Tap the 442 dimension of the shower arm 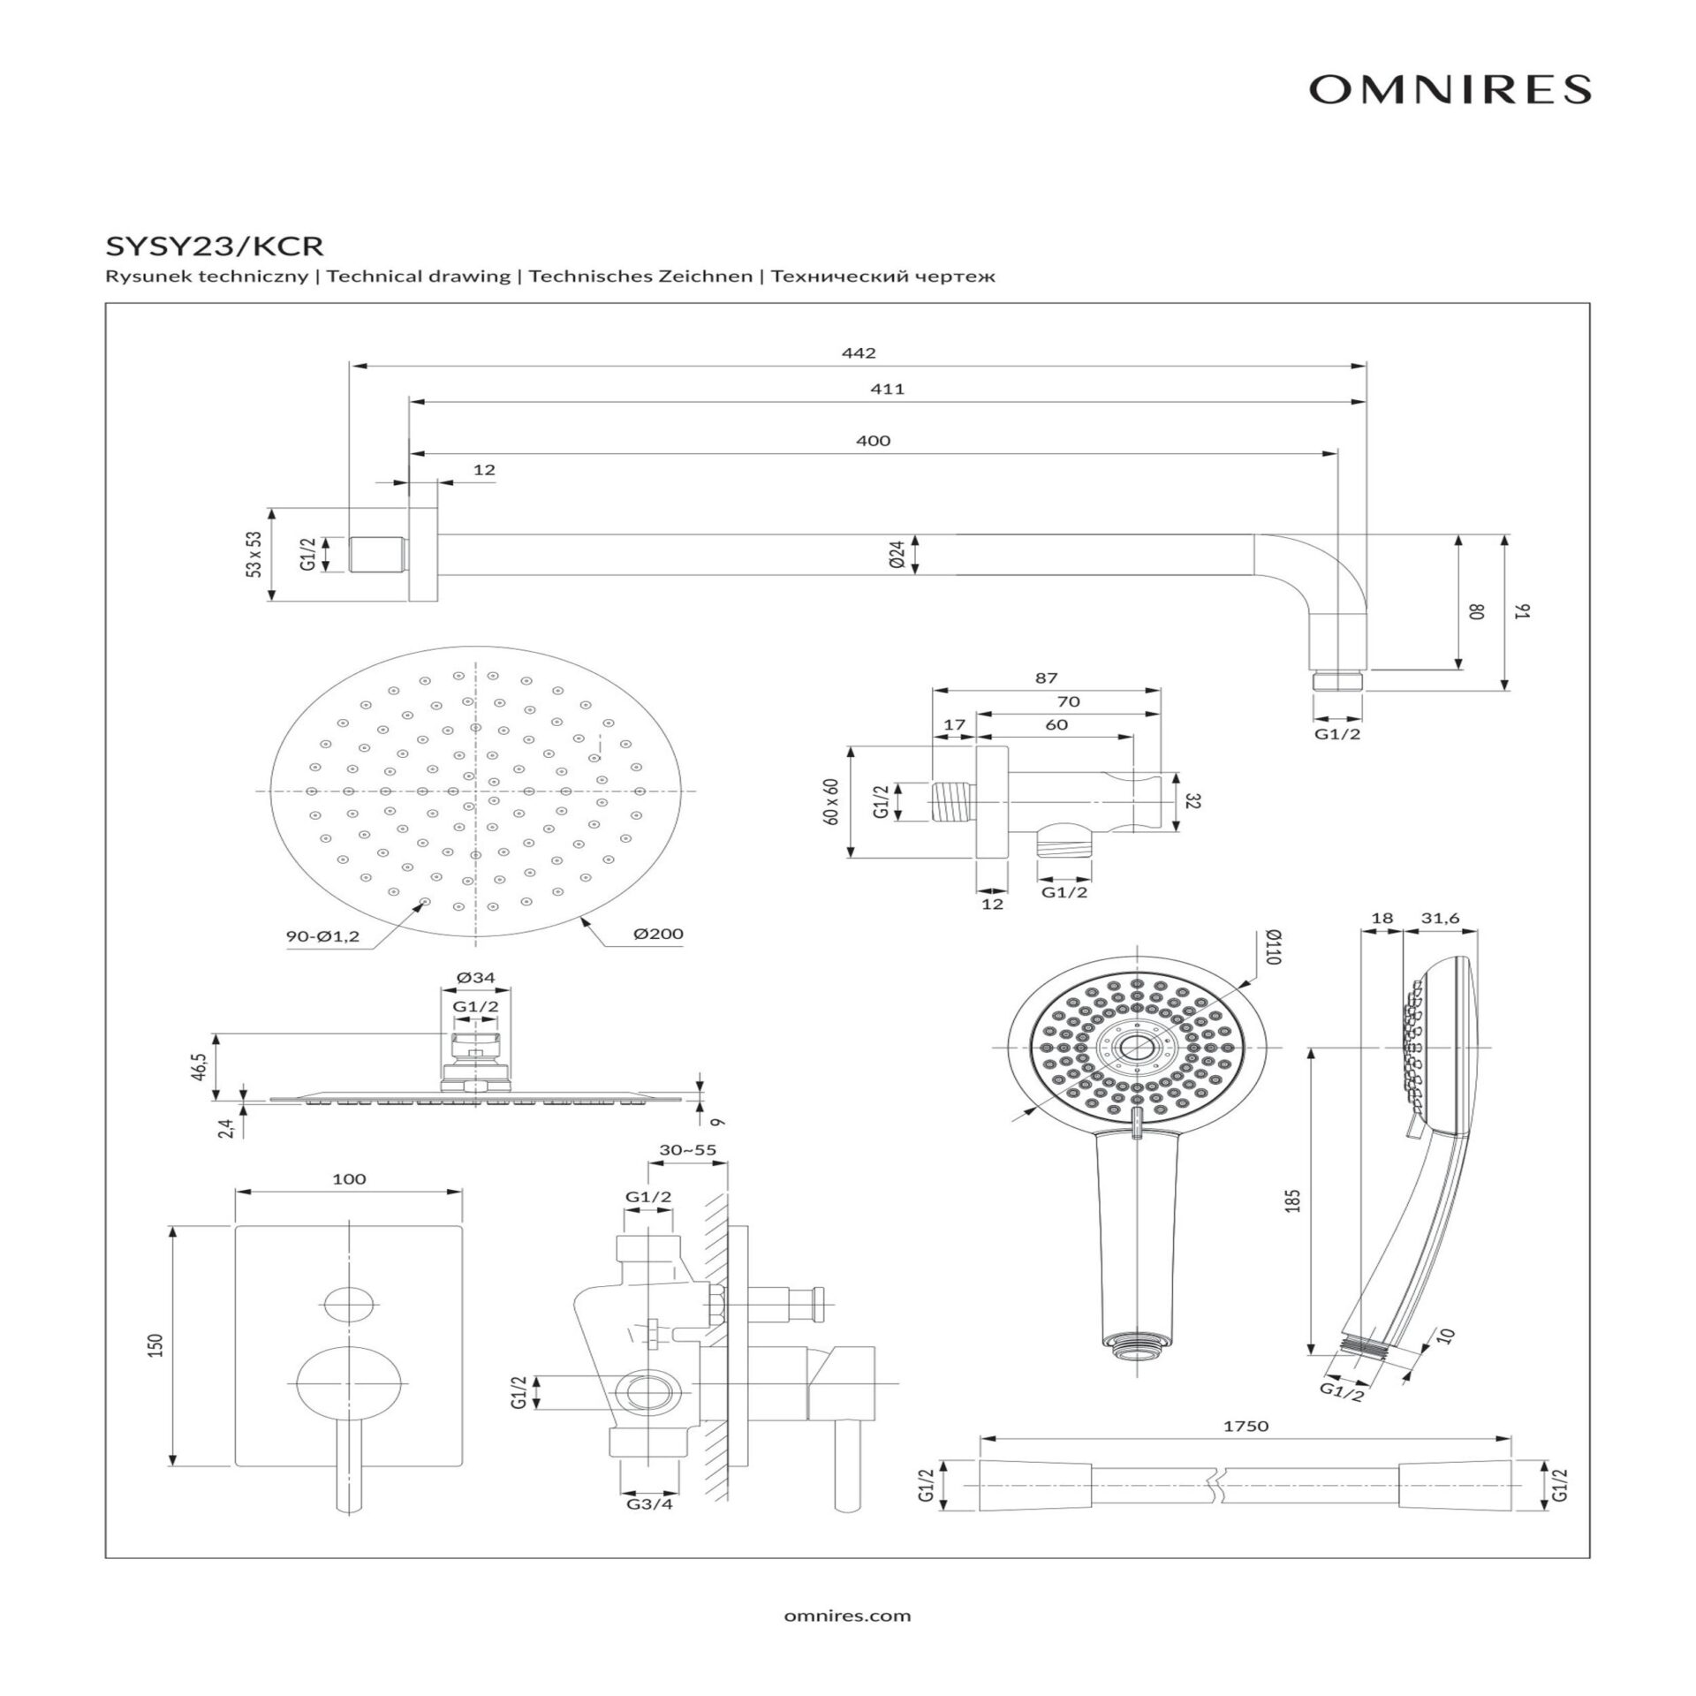(859, 353)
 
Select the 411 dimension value (887, 389)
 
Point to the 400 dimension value (873, 441)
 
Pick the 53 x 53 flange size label (254, 554)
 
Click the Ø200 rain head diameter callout (658, 934)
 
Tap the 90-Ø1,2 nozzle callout (322, 937)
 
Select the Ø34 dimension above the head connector (476, 978)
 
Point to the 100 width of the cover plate (349, 1179)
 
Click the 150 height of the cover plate (157, 1345)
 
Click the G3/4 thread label (649, 1503)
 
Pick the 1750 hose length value (1246, 1450)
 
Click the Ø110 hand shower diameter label (1273, 946)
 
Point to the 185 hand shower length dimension (1294, 1200)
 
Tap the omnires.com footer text (847, 1616)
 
